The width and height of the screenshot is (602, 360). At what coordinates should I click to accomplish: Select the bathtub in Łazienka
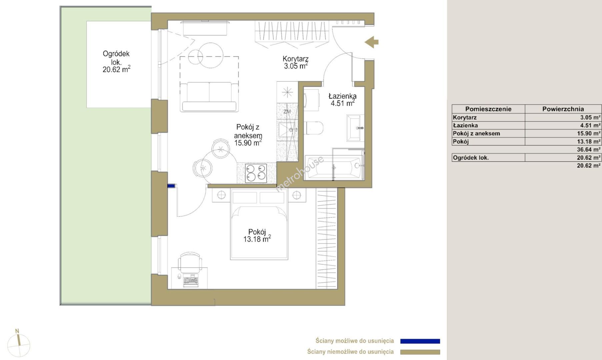[334, 168]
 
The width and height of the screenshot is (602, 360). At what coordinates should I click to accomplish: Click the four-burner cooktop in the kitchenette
[256, 173]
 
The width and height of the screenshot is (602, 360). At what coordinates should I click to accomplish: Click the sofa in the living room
[209, 96]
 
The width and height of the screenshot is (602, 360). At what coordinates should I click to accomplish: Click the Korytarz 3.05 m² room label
[295, 62]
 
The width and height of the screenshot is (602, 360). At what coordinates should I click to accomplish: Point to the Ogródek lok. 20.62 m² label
[116, 62]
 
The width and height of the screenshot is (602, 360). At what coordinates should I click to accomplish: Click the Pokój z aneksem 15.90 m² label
[248, 135]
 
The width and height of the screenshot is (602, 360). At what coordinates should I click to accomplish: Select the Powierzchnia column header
[563, 109]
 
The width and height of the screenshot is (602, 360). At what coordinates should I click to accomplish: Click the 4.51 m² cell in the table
[590, 126]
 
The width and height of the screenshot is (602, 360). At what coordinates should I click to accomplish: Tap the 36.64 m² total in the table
[589, 150]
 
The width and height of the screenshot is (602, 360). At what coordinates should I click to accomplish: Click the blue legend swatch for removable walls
[420, 341]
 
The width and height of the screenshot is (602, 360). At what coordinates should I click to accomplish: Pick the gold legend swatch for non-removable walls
[420, 352]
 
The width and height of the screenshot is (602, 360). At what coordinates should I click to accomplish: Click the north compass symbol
[19, 344]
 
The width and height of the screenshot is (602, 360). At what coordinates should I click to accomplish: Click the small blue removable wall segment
[171, 186]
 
